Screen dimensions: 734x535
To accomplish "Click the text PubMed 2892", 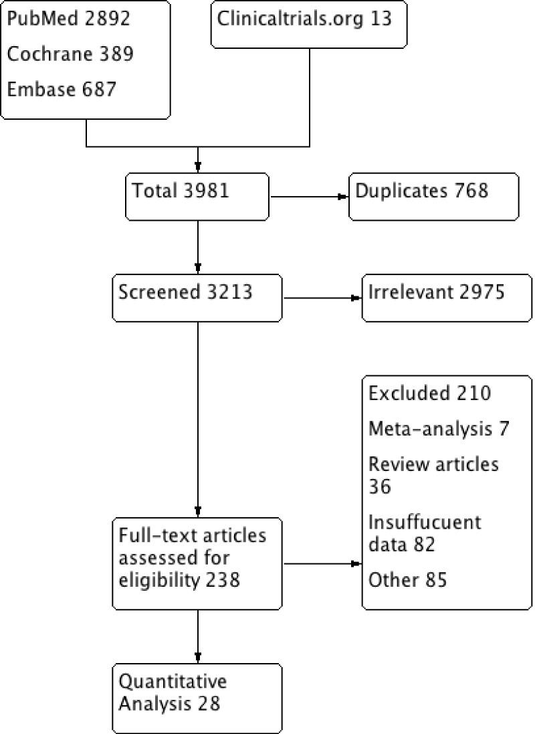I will pyautogui.click(x=70, y=17).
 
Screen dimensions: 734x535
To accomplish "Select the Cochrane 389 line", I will pyautogui.click(x=70, y=54).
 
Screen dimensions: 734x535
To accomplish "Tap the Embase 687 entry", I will pyautogui.click(x=62, y=88).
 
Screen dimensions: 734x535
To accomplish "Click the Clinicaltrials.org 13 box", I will pyautogui.click(x=308, y=25).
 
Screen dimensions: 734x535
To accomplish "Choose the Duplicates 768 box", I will pyautogui.click(x=433, y=195).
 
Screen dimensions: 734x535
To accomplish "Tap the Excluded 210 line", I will pyautogui.click(x=429, y=393).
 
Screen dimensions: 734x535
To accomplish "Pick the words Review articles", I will pyautogui.click(x=433, y=464).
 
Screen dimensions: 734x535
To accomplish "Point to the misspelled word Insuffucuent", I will pyautogui.click(x=425, y=521).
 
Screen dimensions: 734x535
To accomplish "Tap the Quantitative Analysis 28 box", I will pyautogui.click(x=197, y=696).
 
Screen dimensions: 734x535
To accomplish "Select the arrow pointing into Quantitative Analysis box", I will pyautogui.click(x=198, y=636).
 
